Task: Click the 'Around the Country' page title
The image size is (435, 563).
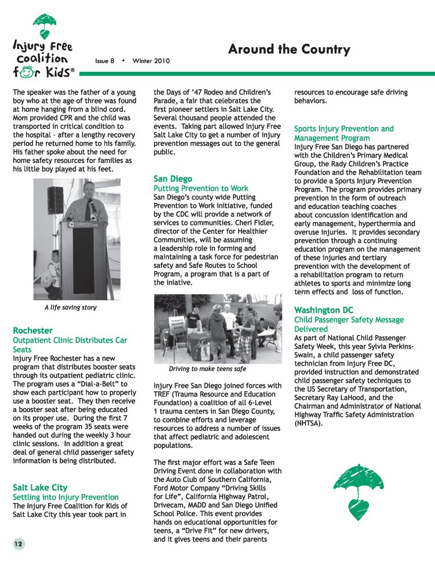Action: (289, 49)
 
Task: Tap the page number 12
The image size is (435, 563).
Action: (19, 543)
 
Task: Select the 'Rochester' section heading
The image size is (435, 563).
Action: (32, 330)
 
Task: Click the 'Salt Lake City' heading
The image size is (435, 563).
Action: (40, 487)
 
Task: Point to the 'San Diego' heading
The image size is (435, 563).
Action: (173, 179)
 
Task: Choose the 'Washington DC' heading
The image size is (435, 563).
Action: (324, 310)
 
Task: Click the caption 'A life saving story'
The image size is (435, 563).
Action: (70, 307)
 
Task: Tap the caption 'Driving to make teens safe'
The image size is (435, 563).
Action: (207, 369)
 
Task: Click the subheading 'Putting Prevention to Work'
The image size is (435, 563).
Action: (201, 188)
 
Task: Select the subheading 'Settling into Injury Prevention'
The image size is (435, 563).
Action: (66, 497)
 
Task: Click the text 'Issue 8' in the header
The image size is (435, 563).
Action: (104, 60)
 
